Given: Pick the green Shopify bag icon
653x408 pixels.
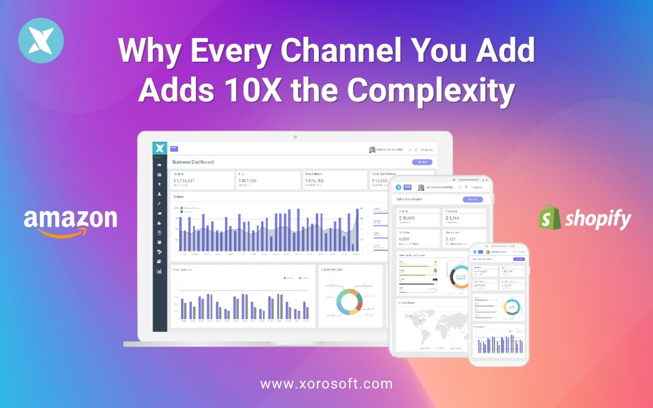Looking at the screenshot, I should tap(550, 218).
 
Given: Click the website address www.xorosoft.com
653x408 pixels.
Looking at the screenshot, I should tap(326, 384).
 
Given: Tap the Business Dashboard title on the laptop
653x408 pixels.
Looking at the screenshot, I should tap(193, 162).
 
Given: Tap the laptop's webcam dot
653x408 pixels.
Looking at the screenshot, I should tap(295, 137).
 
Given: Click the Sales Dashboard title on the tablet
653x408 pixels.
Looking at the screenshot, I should tap(410, 199).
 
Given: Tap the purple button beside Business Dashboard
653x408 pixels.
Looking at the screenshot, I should tap(422, 162).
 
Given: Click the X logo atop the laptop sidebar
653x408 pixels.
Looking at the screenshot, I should tap(160, 148).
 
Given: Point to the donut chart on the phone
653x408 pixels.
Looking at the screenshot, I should tap(512, 307).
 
